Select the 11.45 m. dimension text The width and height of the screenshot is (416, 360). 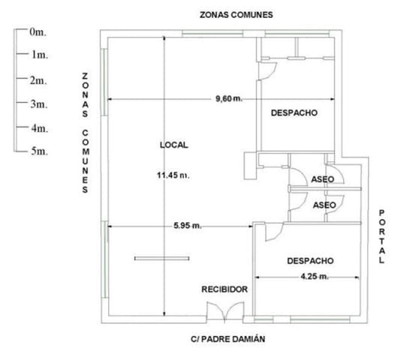pyautogui.click(x=172, y=175)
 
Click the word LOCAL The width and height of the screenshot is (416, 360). pyautogui.click(x=173, y=145)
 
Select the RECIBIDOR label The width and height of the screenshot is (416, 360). pyautogui.click(x=225, y=288)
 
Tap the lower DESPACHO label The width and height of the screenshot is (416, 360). pyautogui.click(x=310, y=261)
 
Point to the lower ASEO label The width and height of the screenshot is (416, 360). pyautogui.click(x=324, y=204)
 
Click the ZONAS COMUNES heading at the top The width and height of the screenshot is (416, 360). pyautogui.click(x=235, y=14)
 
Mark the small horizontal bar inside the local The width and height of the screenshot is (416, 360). pyautogui.click(x=159, y=259)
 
